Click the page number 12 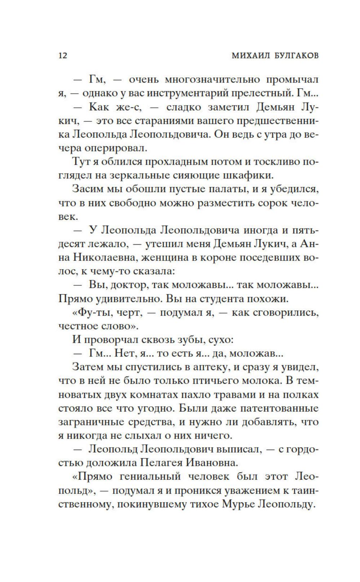click(62, 56)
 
